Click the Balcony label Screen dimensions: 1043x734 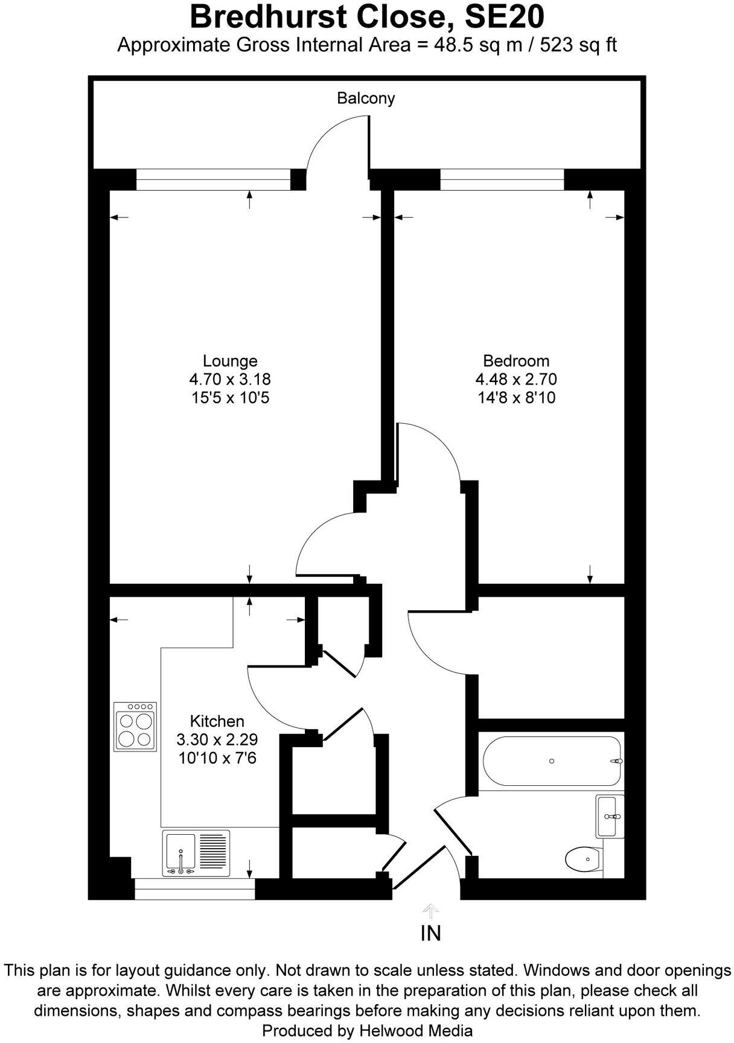pos(366,98)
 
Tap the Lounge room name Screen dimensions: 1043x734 pos(230,361)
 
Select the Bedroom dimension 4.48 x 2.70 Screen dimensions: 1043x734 pos(515,379)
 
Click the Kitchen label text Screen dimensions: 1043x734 pos(217,721)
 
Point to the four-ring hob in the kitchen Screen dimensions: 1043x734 pos(135,726)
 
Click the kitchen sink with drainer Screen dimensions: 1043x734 pos(196,853)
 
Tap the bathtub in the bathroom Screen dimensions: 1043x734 pos(551,761)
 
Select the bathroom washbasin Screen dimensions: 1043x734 pos(610,817)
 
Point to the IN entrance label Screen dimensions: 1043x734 pos(430,933)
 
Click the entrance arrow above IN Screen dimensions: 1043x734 pos(430,910)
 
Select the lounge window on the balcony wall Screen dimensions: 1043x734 pos(213,179)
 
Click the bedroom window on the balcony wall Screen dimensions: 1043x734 pos(502,179)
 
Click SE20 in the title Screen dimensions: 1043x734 pos(503,17)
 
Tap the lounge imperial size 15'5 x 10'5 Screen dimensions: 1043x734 pos(229,397)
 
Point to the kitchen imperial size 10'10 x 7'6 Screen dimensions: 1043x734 pos(217,757)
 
